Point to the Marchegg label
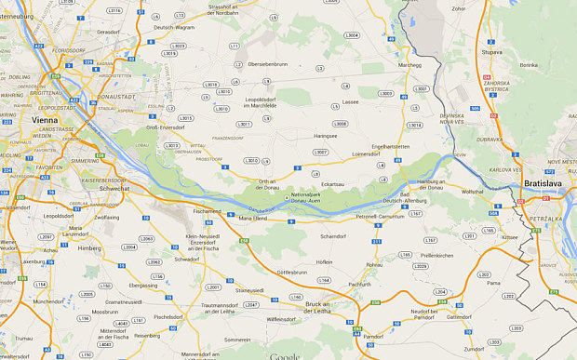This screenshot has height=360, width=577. [409, 66]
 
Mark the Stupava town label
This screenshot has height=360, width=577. [492, 52]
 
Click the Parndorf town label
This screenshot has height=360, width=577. [373, 335]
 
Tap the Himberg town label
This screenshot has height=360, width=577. [89, 248]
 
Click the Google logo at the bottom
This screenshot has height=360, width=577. [285, 355]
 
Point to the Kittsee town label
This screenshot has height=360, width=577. [510, 237]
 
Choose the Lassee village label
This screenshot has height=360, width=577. [350, 102]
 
